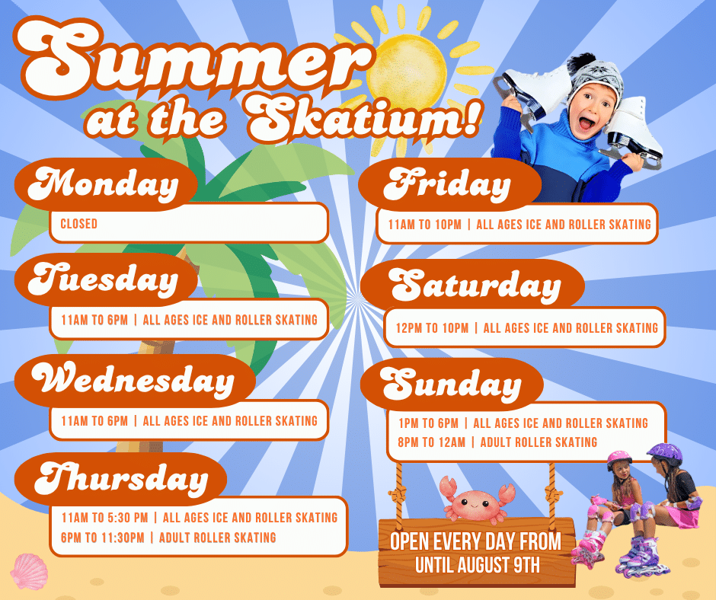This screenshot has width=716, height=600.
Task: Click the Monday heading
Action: tap(103, 184)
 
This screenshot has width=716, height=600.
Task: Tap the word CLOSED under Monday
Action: tap(79, 224)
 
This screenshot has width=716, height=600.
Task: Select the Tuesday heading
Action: tap(103, 279)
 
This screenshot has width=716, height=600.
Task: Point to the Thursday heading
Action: tap(121, 479)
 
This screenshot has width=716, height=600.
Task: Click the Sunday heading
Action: tap(450, 385)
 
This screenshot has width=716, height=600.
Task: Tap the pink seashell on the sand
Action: tap(29, 571)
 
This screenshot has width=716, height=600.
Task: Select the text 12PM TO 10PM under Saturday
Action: tap(432, 328)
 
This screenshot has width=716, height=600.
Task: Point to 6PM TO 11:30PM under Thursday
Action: tap(103, 538)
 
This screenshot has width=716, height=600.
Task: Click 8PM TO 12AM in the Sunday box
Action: tap(432, 442)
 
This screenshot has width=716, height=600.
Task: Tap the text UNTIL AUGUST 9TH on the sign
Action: tap(477, 565)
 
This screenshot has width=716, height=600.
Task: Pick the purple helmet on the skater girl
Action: tap(665, 453)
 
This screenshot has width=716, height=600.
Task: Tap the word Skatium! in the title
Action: tap(364, 119)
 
